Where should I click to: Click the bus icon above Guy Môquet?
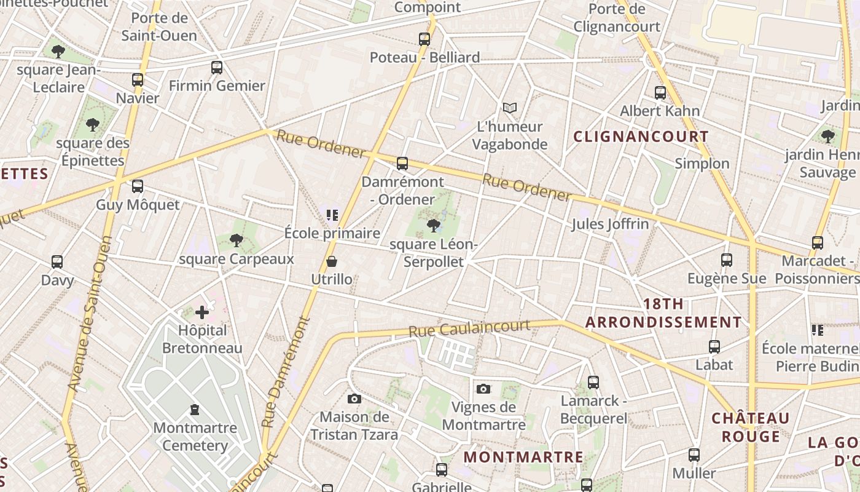[138, 186]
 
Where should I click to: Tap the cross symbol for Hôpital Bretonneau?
[202, 312]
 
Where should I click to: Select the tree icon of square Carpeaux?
[237, 240]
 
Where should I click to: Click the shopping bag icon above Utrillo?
[332, 261]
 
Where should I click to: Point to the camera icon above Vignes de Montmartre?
[483, 389]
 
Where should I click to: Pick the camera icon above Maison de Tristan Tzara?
[354, 399]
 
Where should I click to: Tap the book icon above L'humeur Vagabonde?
[509, 108]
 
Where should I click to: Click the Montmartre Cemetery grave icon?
[195, 409]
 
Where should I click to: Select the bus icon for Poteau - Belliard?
[424, 39]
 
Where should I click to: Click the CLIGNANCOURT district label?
[641, 137]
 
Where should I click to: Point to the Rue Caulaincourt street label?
[469, 328]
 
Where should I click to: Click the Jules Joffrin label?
[610, 224]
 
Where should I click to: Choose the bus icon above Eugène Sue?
[727, 260]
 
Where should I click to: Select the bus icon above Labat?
[714, 347]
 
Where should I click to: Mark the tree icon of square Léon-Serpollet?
[434, 226]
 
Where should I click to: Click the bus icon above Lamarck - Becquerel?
[593, 383]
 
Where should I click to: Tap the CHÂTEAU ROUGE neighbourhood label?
[750, 427]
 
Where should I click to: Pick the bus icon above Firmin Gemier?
[217, 68]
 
